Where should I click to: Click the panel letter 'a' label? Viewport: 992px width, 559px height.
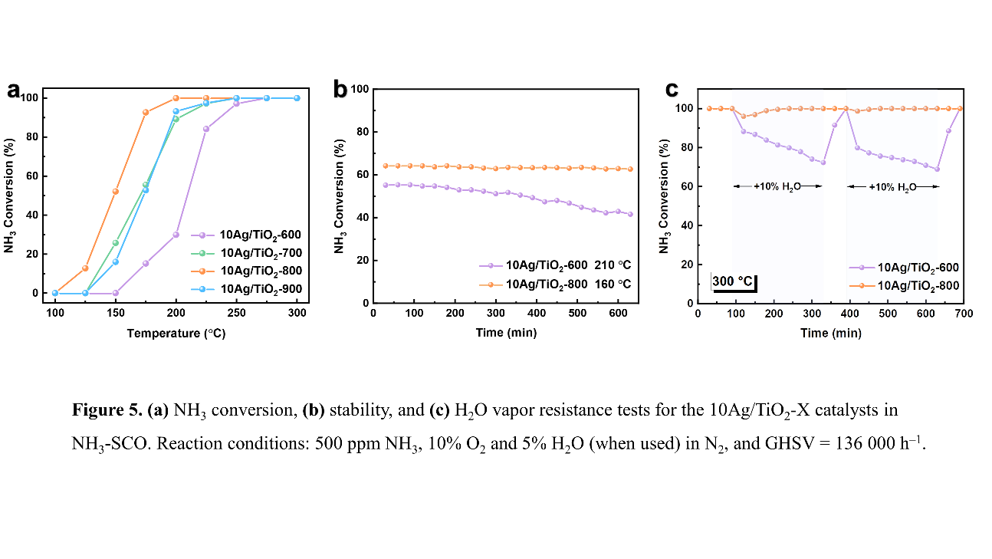(14, 90)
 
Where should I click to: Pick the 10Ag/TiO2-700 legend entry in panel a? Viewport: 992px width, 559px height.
(260, 252)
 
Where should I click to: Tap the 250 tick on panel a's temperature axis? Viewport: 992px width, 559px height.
(236, 314)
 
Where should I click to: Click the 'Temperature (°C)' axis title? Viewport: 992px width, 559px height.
(176, 334)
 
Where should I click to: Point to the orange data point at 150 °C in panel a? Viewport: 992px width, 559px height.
(116, 191)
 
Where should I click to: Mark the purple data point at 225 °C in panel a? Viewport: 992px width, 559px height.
(206, 129)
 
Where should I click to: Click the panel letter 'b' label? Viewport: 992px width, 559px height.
(341, 90)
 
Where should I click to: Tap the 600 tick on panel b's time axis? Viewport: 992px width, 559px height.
(619, 314)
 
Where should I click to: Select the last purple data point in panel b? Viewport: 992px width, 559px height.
(630, 214)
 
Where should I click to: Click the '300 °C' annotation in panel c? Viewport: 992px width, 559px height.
(734, 281)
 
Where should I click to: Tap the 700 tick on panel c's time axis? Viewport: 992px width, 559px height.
(964, 314)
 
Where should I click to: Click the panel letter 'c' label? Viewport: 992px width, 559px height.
(672, 90)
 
